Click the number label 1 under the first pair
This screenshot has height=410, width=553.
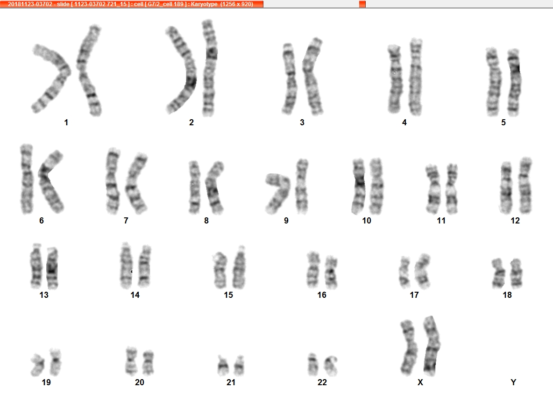(66, 122)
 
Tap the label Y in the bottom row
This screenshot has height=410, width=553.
(513, 382)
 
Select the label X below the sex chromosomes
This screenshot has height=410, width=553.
(420, 382)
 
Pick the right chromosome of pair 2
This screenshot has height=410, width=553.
(209, 68)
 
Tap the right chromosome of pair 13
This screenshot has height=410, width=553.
(52, 268)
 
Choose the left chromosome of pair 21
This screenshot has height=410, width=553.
(222, 366)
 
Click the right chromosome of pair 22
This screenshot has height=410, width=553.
(331, 366)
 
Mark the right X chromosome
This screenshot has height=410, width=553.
(431, 346)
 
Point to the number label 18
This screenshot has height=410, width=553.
(507, 295)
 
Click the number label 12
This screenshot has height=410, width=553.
(515, 221)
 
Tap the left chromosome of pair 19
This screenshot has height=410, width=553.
(37, 365)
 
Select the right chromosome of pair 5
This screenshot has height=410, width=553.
(515, 82)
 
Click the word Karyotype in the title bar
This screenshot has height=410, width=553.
(204, 4)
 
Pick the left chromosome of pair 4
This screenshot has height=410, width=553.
(395, 79)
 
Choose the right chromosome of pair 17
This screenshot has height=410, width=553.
(423, 270)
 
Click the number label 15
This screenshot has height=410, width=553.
(228, 295)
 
